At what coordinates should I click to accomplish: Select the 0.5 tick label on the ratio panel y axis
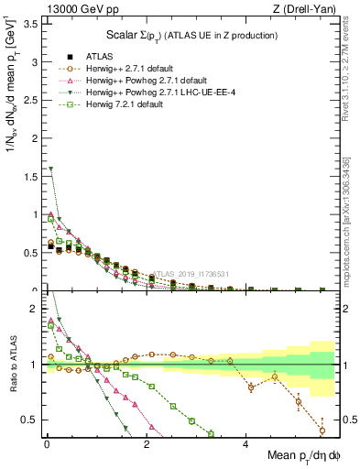coord(31,420)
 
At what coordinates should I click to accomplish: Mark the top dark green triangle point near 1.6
coord(51,169)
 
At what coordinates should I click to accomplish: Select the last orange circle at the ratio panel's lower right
coord(322,431)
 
